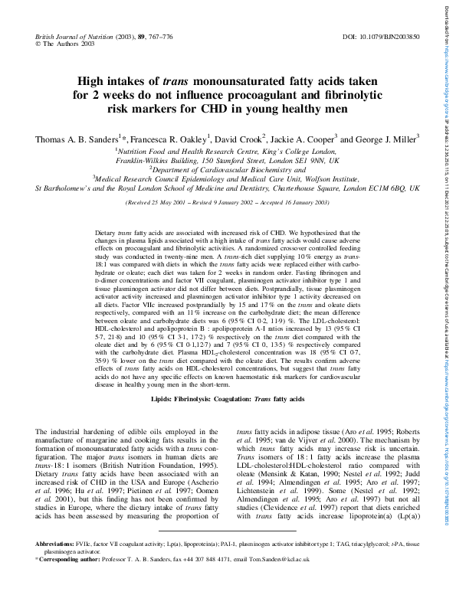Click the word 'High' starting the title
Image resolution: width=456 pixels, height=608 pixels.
94,81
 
